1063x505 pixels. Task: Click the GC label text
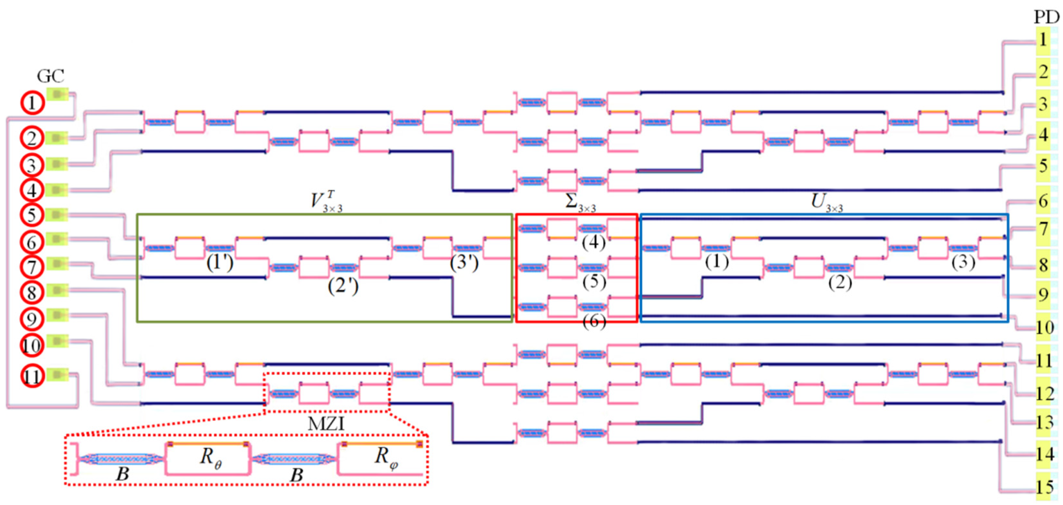50,76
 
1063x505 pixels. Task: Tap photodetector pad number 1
1043,40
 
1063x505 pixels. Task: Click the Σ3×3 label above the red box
580,203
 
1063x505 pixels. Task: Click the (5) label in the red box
594,282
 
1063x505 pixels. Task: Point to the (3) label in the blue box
963,262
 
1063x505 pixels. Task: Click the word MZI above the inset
326,424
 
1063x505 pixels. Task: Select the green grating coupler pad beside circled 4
57,190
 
